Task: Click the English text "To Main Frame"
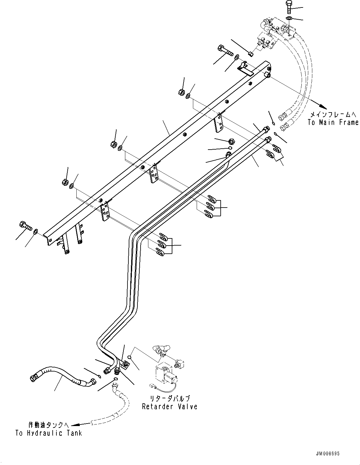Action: point(333,122)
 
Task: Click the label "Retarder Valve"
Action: point(170,406)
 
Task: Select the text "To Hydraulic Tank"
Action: point(49,433)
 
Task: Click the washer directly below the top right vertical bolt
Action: point(289,18)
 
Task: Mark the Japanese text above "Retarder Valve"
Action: point(170,398)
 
